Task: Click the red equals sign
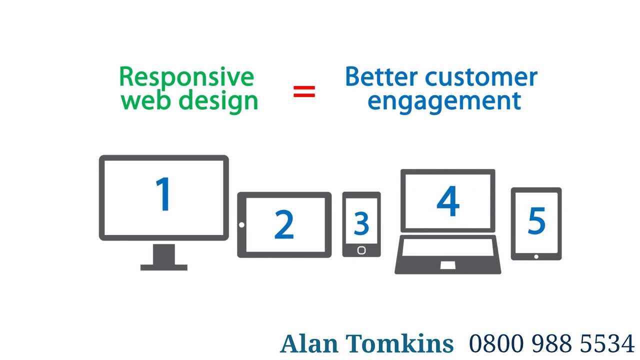pos(304,91)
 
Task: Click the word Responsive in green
pos(186,77)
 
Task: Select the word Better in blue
pos(382,77)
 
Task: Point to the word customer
pos(481,77)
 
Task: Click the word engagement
pos(444,100)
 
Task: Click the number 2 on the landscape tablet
pos(284,225)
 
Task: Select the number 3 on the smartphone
pos(361,223)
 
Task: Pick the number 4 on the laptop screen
pos(447,201)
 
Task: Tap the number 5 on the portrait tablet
pos(536,220)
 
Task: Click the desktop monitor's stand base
pos(164,267)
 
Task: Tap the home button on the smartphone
pos(361,250)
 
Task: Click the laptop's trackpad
pos(448,265)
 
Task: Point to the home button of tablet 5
pos(536,256)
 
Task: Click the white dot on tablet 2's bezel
pos(241,225)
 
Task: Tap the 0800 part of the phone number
pos(497,344)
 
